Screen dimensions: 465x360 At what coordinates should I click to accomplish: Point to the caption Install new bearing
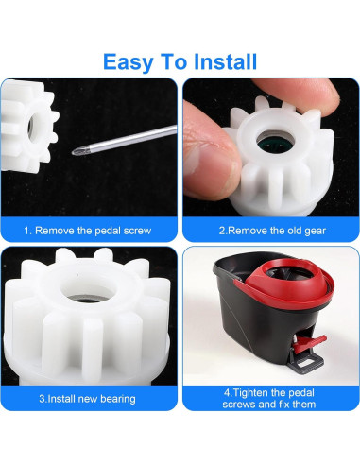[x=87, y=398]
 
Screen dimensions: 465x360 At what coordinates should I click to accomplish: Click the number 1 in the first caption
[x=27, y=230]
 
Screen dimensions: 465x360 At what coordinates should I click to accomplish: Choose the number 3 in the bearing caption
[x=42, y=398]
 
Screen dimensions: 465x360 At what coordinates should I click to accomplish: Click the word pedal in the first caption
[x=107, y=230]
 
